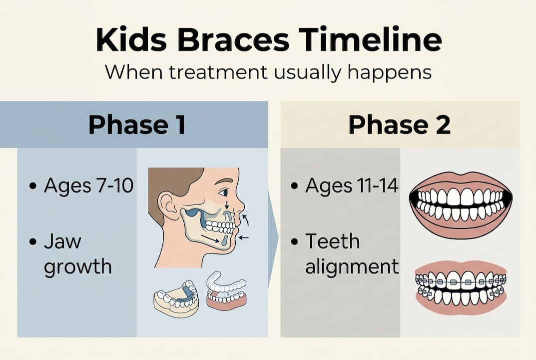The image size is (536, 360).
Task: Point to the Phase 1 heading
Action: click(x=136, y=125)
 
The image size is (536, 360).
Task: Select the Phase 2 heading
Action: click(x=399, y=125)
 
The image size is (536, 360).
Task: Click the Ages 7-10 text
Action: click(x=88, y=186)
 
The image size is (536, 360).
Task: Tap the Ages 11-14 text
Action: click(x=352, y=186)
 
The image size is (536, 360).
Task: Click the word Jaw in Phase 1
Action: click(x=62, y=242)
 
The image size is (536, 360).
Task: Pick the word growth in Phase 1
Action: click(x=77, y=266)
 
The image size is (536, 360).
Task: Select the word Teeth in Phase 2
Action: click(x=332, y=241)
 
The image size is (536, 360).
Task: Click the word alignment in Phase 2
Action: click(x=352, y=266)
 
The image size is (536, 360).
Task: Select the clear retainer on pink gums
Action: click(x=226, y=292)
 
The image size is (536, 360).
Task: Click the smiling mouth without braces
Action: click(x=461, y=204)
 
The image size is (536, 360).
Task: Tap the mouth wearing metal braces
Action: click(x=461, y=287)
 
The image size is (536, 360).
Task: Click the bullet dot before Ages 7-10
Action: click(x=33, y=186)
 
